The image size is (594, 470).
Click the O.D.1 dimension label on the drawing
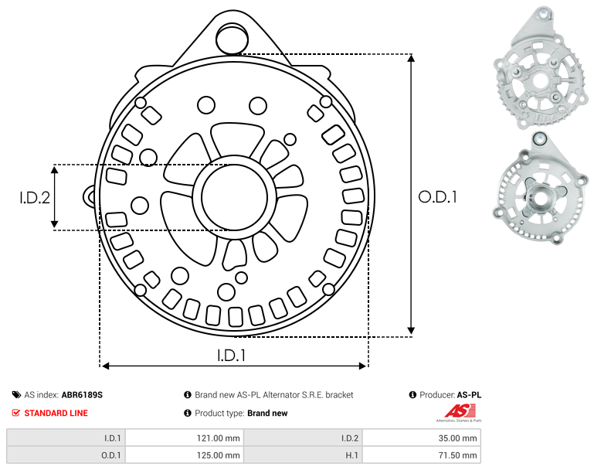437,197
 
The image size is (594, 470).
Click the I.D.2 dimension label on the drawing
35,197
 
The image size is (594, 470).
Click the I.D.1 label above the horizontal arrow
232,356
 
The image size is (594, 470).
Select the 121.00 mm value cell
185,438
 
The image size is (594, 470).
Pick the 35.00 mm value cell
422,438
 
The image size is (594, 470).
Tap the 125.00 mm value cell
185,455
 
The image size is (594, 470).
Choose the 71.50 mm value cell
422,455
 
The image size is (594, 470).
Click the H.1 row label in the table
352,455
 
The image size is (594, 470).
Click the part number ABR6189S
82,395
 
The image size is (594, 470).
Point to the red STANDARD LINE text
56,413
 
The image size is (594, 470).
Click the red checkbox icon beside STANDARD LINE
16,413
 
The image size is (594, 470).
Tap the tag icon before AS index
16,395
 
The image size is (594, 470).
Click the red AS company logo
459,412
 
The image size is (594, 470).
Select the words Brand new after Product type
267,413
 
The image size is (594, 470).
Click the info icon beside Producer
412,395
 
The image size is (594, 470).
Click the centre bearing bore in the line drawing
235,197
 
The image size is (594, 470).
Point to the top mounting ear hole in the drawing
232,39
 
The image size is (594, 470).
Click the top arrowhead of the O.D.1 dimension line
411,58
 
